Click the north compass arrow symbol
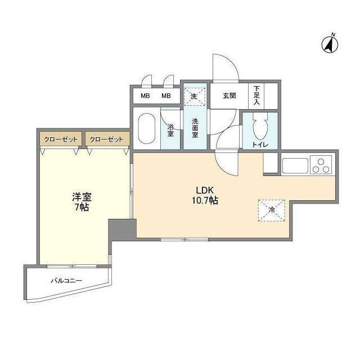(330, 44)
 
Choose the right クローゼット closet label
(106, 139)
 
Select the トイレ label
(260, 145)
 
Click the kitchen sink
(295, 165)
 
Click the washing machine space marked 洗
(195, 96)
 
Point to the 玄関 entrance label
(229, 96)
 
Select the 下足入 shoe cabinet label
(256, 96)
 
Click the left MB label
(145, 96)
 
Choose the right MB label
(166, 96)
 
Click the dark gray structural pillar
(121, 228)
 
